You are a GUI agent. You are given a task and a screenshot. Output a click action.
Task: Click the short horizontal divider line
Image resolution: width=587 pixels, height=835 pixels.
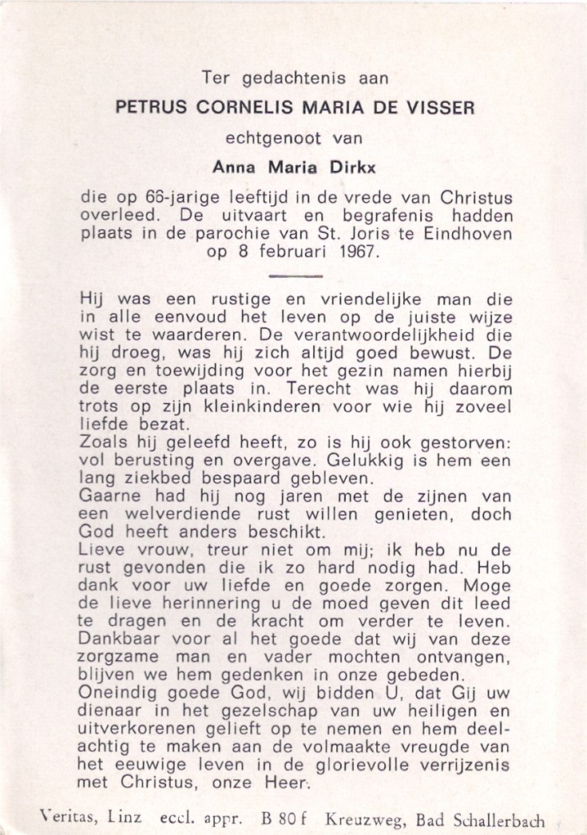coord(293,276)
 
